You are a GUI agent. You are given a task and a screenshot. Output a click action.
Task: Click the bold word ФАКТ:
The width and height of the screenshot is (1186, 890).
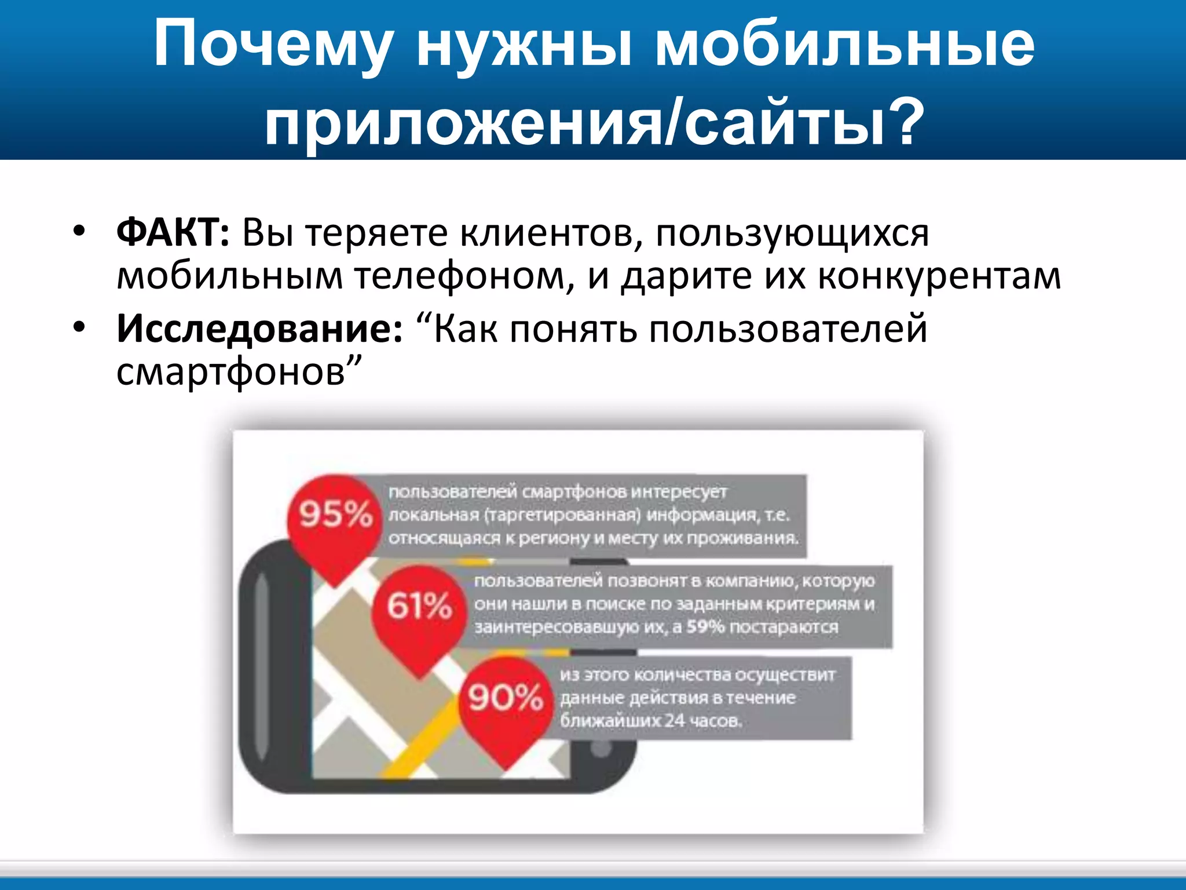tap(173, 233)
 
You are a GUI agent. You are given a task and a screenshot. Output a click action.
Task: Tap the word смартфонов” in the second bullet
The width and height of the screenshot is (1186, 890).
tap(239, 372)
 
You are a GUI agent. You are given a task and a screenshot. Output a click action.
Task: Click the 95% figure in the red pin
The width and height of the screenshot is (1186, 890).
tap(335, 514)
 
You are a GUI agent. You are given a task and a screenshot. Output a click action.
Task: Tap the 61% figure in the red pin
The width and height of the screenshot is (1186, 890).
tap(419, 606)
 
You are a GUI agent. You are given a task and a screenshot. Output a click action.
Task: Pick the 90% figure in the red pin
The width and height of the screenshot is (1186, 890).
tap(506, 698)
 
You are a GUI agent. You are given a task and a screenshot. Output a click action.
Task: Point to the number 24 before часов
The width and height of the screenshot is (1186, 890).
tap(674, 721)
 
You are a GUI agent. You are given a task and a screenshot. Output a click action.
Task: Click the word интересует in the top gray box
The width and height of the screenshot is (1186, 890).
tap(678, 492)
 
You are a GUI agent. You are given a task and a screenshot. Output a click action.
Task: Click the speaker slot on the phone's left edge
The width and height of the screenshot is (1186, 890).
tap(262, 666)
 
